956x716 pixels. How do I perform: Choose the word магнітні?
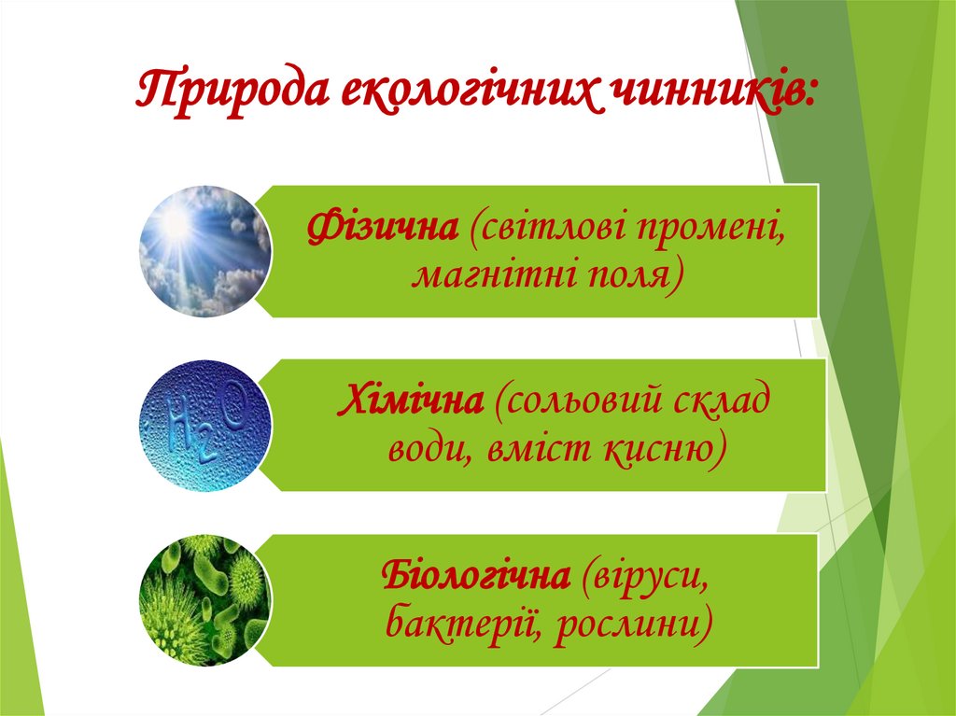[x=488, y=274]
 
